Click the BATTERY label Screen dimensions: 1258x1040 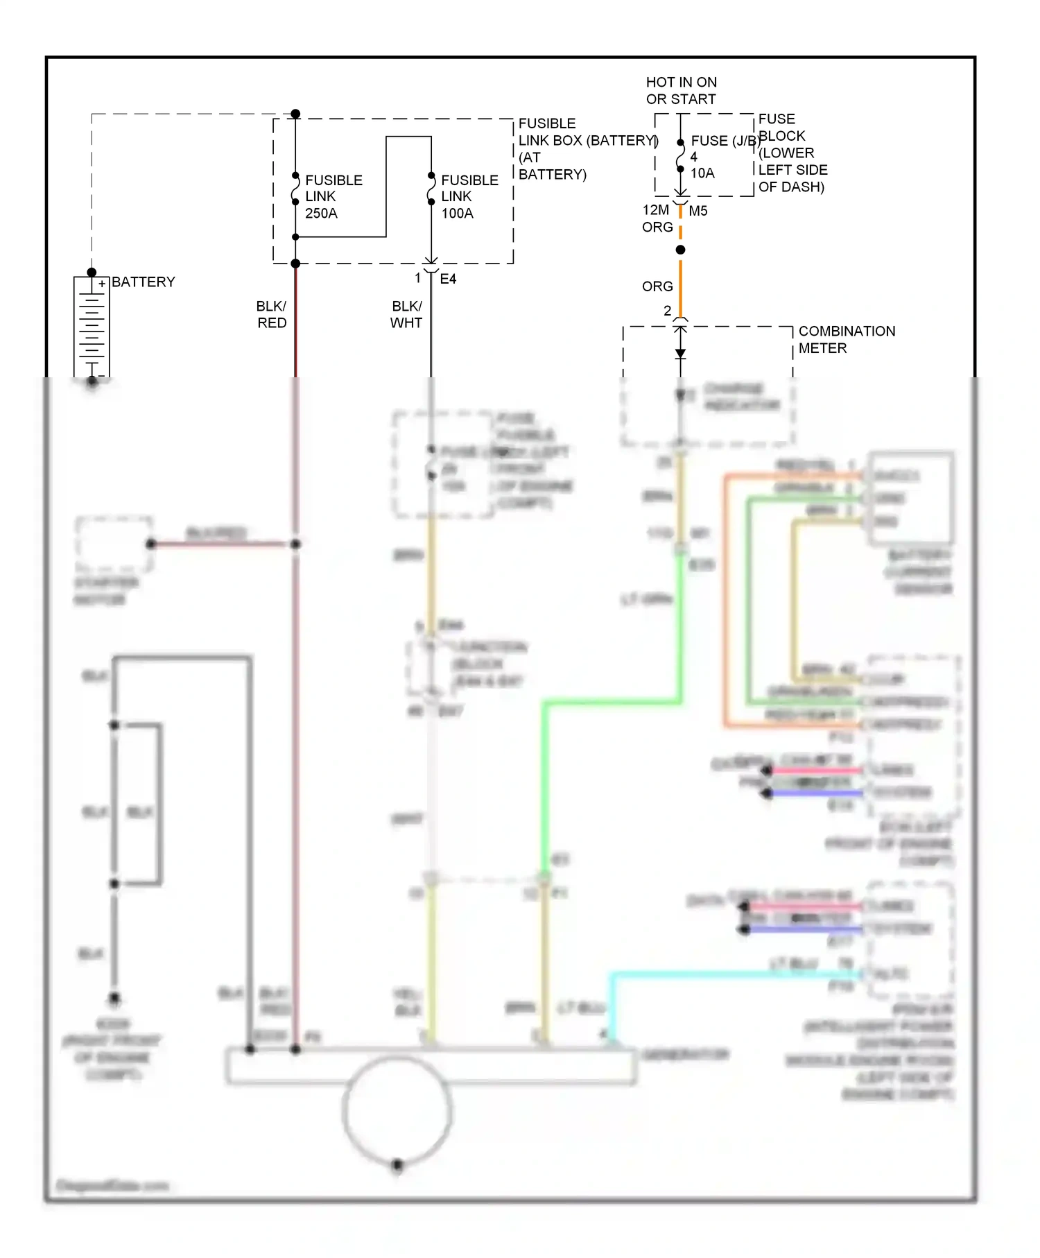point(143,282)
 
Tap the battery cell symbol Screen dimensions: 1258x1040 point(92,326)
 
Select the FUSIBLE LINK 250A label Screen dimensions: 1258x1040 point(333,197)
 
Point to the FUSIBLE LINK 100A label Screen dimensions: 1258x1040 point(469,197)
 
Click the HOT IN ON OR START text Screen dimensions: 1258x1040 point(681,91)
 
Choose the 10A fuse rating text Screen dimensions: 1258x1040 point(702,173)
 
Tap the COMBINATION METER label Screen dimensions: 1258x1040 point(846,340)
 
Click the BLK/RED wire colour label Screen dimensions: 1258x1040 point(271,314)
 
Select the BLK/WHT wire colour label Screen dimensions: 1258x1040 point(406,314)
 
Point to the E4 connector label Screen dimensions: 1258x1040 point(448,279)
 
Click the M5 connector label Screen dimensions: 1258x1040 point(698,211)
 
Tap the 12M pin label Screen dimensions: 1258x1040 point(655,210)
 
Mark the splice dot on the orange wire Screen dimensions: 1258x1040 point(680,250)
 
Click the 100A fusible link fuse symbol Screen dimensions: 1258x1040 point(431,189)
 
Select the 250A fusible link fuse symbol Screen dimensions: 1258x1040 point(295,189)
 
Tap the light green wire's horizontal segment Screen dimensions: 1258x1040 point(610,703)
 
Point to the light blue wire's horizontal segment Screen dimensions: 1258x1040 point(735,974)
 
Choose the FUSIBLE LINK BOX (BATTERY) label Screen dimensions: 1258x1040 point(587,141)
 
